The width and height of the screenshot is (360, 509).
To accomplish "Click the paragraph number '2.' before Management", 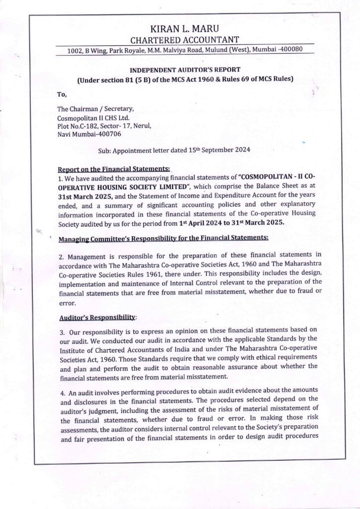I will point(61,257).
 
